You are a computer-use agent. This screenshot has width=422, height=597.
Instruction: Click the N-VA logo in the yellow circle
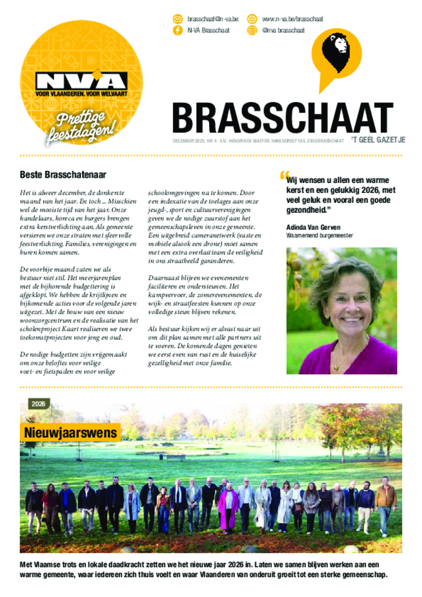pyautogui.click(x=82, y=82)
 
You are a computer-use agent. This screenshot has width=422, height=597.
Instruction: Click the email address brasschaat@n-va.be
pyautogui.click(x=213, y=19)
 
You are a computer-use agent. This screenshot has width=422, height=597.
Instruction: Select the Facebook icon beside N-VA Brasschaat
pyautogui.click(x=177, y=30)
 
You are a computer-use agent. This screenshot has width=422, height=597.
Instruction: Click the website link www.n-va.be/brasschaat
pyautogui.click(x=292, y=19)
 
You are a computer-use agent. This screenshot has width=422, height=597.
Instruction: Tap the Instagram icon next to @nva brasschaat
pyautogui.click(x=252, y=30)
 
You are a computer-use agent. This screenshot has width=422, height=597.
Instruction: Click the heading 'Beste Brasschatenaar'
pyautogui.click(x=63, y=174)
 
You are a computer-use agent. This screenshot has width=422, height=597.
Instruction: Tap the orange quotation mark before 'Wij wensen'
pyautogui.click(x=284, y=175)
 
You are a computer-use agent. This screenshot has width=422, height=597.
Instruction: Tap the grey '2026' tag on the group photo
pyautogui.click(x=38, y=403)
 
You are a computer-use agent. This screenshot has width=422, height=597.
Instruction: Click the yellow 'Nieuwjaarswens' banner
pyautogui.click(x=71, y=433)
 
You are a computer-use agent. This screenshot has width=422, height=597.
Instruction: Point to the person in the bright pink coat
pyautogui.click(x=228, y=505)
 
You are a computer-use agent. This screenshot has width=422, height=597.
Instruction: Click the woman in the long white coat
pyautogui.click(x=285, y=505)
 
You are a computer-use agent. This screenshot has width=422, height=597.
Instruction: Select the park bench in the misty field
pyautogui.click(x=175, y=458)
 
